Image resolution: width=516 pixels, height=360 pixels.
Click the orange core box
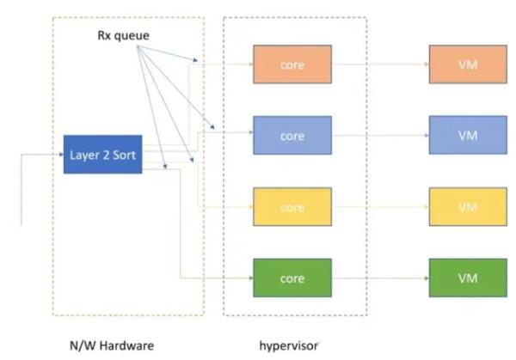coord(292,65)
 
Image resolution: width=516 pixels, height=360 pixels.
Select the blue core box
coord(292,137)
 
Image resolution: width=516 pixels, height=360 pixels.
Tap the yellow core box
coord(292,208)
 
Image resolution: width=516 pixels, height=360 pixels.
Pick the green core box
coord(292,279)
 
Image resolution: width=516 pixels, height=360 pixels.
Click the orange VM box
coord(467,65)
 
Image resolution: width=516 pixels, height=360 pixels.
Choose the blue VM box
coord(467,137)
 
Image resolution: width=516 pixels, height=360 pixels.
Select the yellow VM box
coord(467,208)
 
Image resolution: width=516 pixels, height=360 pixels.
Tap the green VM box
coord(467,279)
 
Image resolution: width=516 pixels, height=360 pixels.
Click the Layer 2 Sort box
coord(101,155)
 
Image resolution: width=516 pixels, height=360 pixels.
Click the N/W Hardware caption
coord(110,345)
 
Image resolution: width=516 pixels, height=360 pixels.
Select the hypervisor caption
coord(288,345)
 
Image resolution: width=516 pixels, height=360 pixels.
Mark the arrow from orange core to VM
coord(379,64)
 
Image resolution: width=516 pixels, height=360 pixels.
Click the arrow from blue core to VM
coord(379,136)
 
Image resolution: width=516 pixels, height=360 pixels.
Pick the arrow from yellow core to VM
coord(379,207)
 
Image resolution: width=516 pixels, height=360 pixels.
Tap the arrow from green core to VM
coord(379,278)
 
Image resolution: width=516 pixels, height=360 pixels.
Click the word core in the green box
coord(292,279)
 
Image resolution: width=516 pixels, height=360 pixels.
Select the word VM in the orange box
coord(467,65)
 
